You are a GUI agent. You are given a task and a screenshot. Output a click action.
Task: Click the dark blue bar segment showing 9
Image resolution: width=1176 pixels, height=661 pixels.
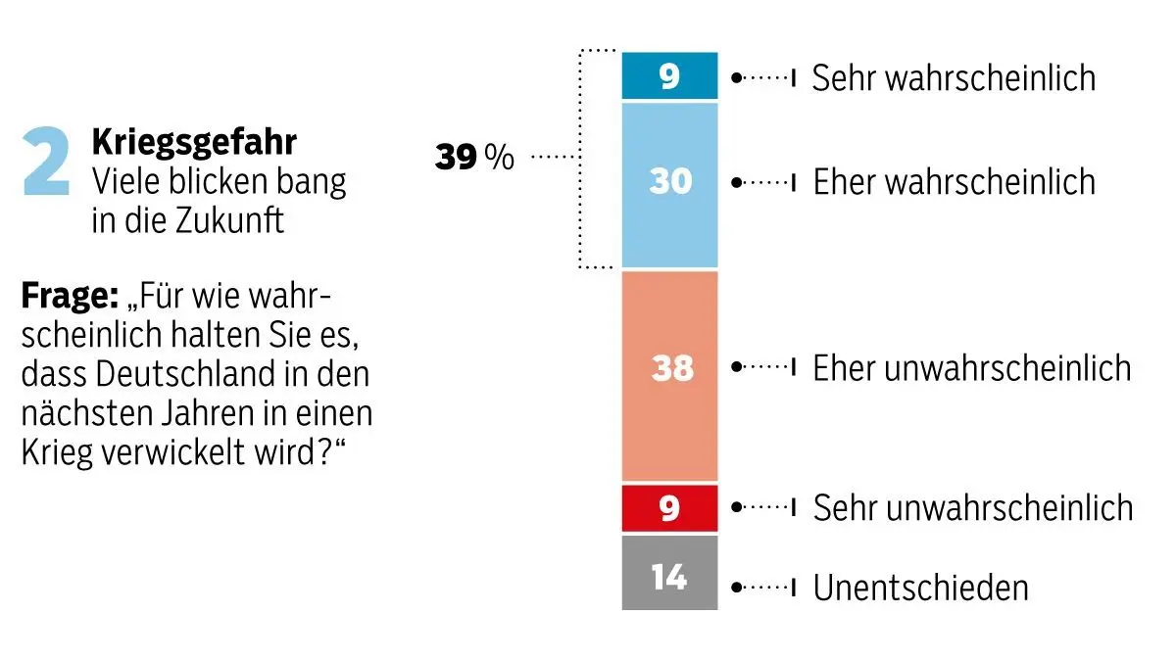(x=669, y=76)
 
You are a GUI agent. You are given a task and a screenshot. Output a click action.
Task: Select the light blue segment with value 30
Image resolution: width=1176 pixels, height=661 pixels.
(x=669, y=183)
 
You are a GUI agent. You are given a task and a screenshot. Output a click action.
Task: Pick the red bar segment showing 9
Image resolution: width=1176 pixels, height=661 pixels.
(x=669, y=508)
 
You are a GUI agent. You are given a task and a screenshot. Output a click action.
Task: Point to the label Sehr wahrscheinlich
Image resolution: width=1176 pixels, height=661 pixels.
(x=954, y=78)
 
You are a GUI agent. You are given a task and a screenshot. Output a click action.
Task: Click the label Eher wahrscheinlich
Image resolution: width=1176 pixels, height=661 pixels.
(x=954, y=182)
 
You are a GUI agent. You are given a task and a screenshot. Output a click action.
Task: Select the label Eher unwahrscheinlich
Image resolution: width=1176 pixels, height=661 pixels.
(x=971, y=368)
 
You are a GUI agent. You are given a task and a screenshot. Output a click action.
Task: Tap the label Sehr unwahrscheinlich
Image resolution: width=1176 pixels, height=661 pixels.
(x=972, y=508)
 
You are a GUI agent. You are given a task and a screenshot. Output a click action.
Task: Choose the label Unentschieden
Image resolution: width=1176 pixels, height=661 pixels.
(x=921, y=588)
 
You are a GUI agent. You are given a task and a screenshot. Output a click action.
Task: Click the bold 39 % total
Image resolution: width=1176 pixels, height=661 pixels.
(x=474, y=157)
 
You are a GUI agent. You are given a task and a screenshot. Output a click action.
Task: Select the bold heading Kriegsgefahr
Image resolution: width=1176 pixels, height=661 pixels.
(x=194, y=143)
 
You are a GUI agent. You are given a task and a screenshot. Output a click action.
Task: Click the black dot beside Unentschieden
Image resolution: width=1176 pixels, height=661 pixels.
(x=737, y=588)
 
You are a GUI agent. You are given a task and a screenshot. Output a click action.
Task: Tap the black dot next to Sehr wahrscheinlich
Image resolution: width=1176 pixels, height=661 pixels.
(x=737, y=76)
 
